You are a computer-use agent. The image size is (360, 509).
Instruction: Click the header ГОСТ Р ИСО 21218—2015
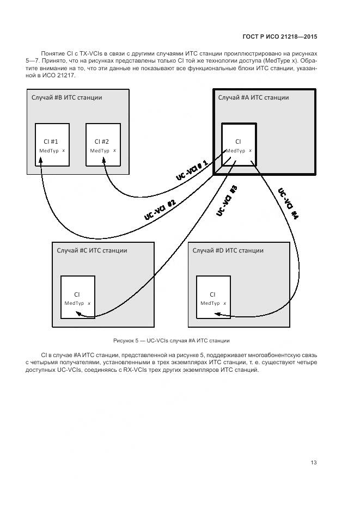[x=279, y=37]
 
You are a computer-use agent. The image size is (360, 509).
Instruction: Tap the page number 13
[x=314, y=463]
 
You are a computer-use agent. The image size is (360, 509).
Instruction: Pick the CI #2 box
[x=102, y=144]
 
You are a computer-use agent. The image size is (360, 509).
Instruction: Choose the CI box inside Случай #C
[x=77, y=297]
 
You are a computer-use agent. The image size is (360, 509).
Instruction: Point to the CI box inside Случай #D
[x=213, y=297]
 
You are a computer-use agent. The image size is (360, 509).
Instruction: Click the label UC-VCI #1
[x=192, y=171]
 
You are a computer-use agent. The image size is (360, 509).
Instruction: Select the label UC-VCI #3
[x=227, y=201]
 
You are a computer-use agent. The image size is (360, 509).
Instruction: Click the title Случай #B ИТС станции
[x=66, y=97]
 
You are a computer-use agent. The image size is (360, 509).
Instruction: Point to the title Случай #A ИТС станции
[x=253, y=97]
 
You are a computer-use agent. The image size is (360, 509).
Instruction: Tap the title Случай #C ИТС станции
[x=92, y=250]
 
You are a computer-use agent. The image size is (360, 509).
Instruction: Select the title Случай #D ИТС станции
[x=228, y=250]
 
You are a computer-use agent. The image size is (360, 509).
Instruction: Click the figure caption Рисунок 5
[x=171, y=341]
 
